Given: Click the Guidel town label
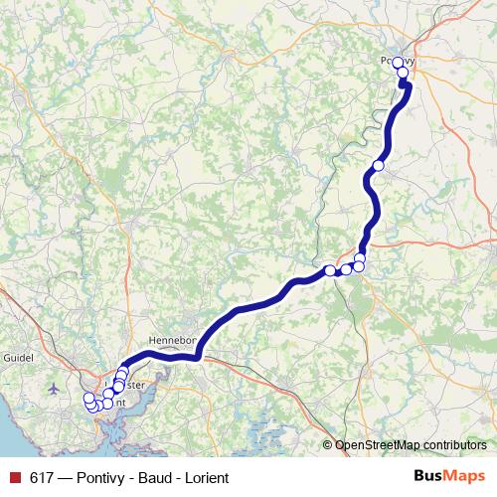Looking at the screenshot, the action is point(18,357).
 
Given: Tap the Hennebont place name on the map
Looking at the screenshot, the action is point(176,338).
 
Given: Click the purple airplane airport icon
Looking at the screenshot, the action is point(53,389).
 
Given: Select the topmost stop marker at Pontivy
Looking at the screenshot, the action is point(399,63).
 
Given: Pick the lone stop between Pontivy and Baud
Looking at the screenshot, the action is point(379,165).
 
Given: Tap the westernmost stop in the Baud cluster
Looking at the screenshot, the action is point(330,270).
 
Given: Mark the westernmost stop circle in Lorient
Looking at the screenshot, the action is point(88,399).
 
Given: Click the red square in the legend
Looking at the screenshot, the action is point(15,477).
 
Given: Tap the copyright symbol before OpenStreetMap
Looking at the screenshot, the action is point(328,444).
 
